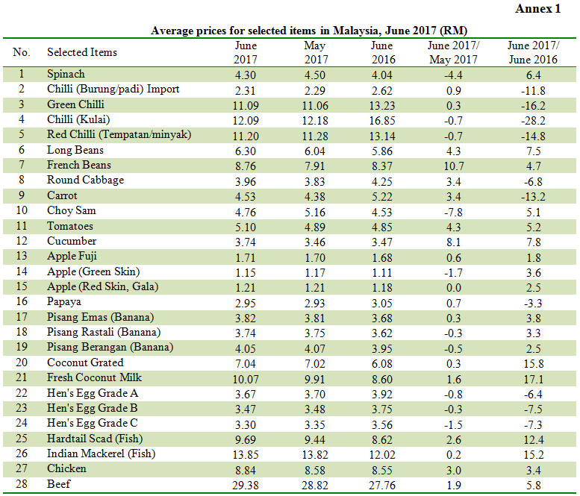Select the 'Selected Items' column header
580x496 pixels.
82,52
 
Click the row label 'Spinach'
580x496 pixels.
66,75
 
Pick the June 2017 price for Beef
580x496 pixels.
246,484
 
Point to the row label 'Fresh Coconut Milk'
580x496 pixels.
93,378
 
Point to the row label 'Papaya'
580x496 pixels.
64,302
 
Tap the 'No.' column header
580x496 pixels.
22,52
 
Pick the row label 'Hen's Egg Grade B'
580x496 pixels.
93,408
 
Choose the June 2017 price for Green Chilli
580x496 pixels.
246,105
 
